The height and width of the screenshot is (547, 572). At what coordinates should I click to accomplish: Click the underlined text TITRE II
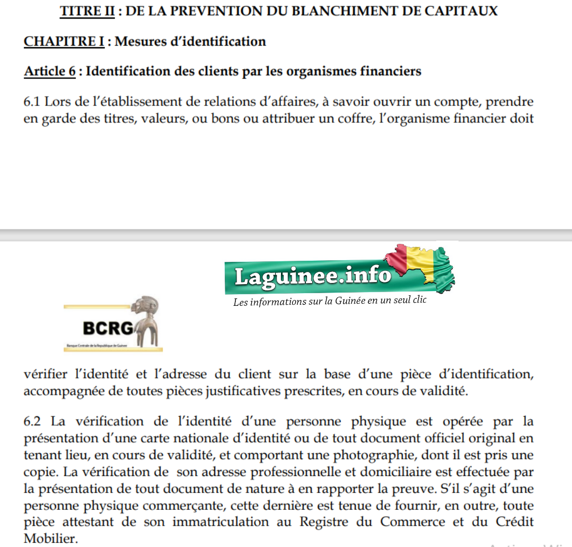tap(87, 11)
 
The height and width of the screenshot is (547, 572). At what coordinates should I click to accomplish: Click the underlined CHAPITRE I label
tap(64, 41)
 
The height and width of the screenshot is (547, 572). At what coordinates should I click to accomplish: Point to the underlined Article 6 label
tap(50, 71)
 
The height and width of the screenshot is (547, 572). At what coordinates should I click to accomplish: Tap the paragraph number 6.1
tap(33, 101)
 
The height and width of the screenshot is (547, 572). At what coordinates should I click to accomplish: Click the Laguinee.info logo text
tap(313, 276)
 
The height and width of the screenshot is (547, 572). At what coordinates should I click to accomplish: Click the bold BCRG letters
tap(108, 328)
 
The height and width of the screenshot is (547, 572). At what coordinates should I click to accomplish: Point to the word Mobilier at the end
tap(50, 539)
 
